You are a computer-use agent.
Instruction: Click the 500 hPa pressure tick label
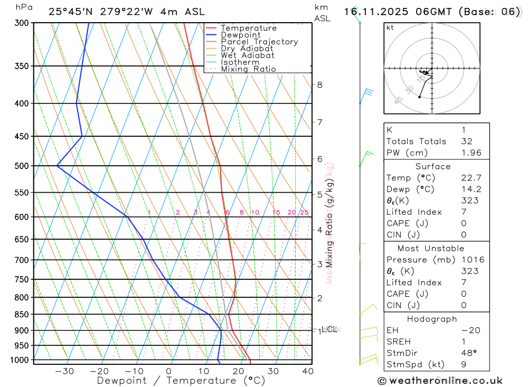click(x=21, y=166)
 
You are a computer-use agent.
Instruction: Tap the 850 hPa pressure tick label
click(x=21, y=315)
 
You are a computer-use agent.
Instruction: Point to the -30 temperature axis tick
click(x=64, y=371)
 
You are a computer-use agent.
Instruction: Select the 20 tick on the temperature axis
click(x=238, y=371)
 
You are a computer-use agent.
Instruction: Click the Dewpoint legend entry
click(x=240, y=35)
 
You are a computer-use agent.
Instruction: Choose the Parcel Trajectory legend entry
click(x=259, y=42)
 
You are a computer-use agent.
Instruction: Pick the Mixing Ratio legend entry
click(x=248, y=69)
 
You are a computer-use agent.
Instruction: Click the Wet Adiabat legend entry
click(x=248, y=55)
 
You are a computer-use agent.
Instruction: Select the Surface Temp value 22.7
click(x=471, y=178)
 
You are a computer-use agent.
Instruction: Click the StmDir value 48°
click(x=468, y=353)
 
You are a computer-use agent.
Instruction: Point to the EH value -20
click(x=470, y=331)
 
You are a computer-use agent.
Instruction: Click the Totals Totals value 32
click(x=466, y=141)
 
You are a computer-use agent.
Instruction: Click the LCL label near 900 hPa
click(x=329, y=329)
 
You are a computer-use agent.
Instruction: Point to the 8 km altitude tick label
click(x=319, y=84)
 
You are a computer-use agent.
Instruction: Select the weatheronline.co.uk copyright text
click(x=440, y=381)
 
